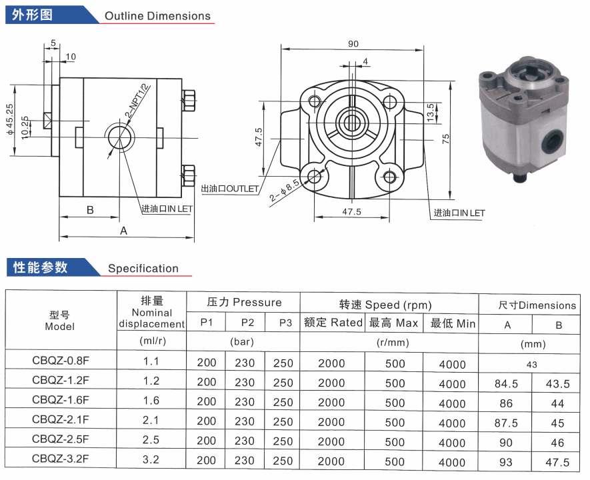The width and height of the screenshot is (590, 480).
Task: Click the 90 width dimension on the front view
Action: click(x=353, y=43)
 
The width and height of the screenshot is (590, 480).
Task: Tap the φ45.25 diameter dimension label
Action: click(x=10, y=119)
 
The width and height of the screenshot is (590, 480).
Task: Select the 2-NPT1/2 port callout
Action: click(x=138, y=101)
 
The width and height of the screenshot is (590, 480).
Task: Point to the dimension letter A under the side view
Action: click(x=123, y=231)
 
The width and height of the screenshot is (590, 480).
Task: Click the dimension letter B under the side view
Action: click(x=90, y=210)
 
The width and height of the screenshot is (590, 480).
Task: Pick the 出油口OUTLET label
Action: click(x=230, y=189)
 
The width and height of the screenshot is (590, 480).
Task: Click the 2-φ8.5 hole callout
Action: click(x=285, y=191)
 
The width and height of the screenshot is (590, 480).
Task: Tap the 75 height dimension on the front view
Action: click(x=445, y=139)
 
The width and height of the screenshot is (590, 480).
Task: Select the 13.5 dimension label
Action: click(x=431, y=112)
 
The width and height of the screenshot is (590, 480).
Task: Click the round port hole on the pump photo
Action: click(x=552, y=140)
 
